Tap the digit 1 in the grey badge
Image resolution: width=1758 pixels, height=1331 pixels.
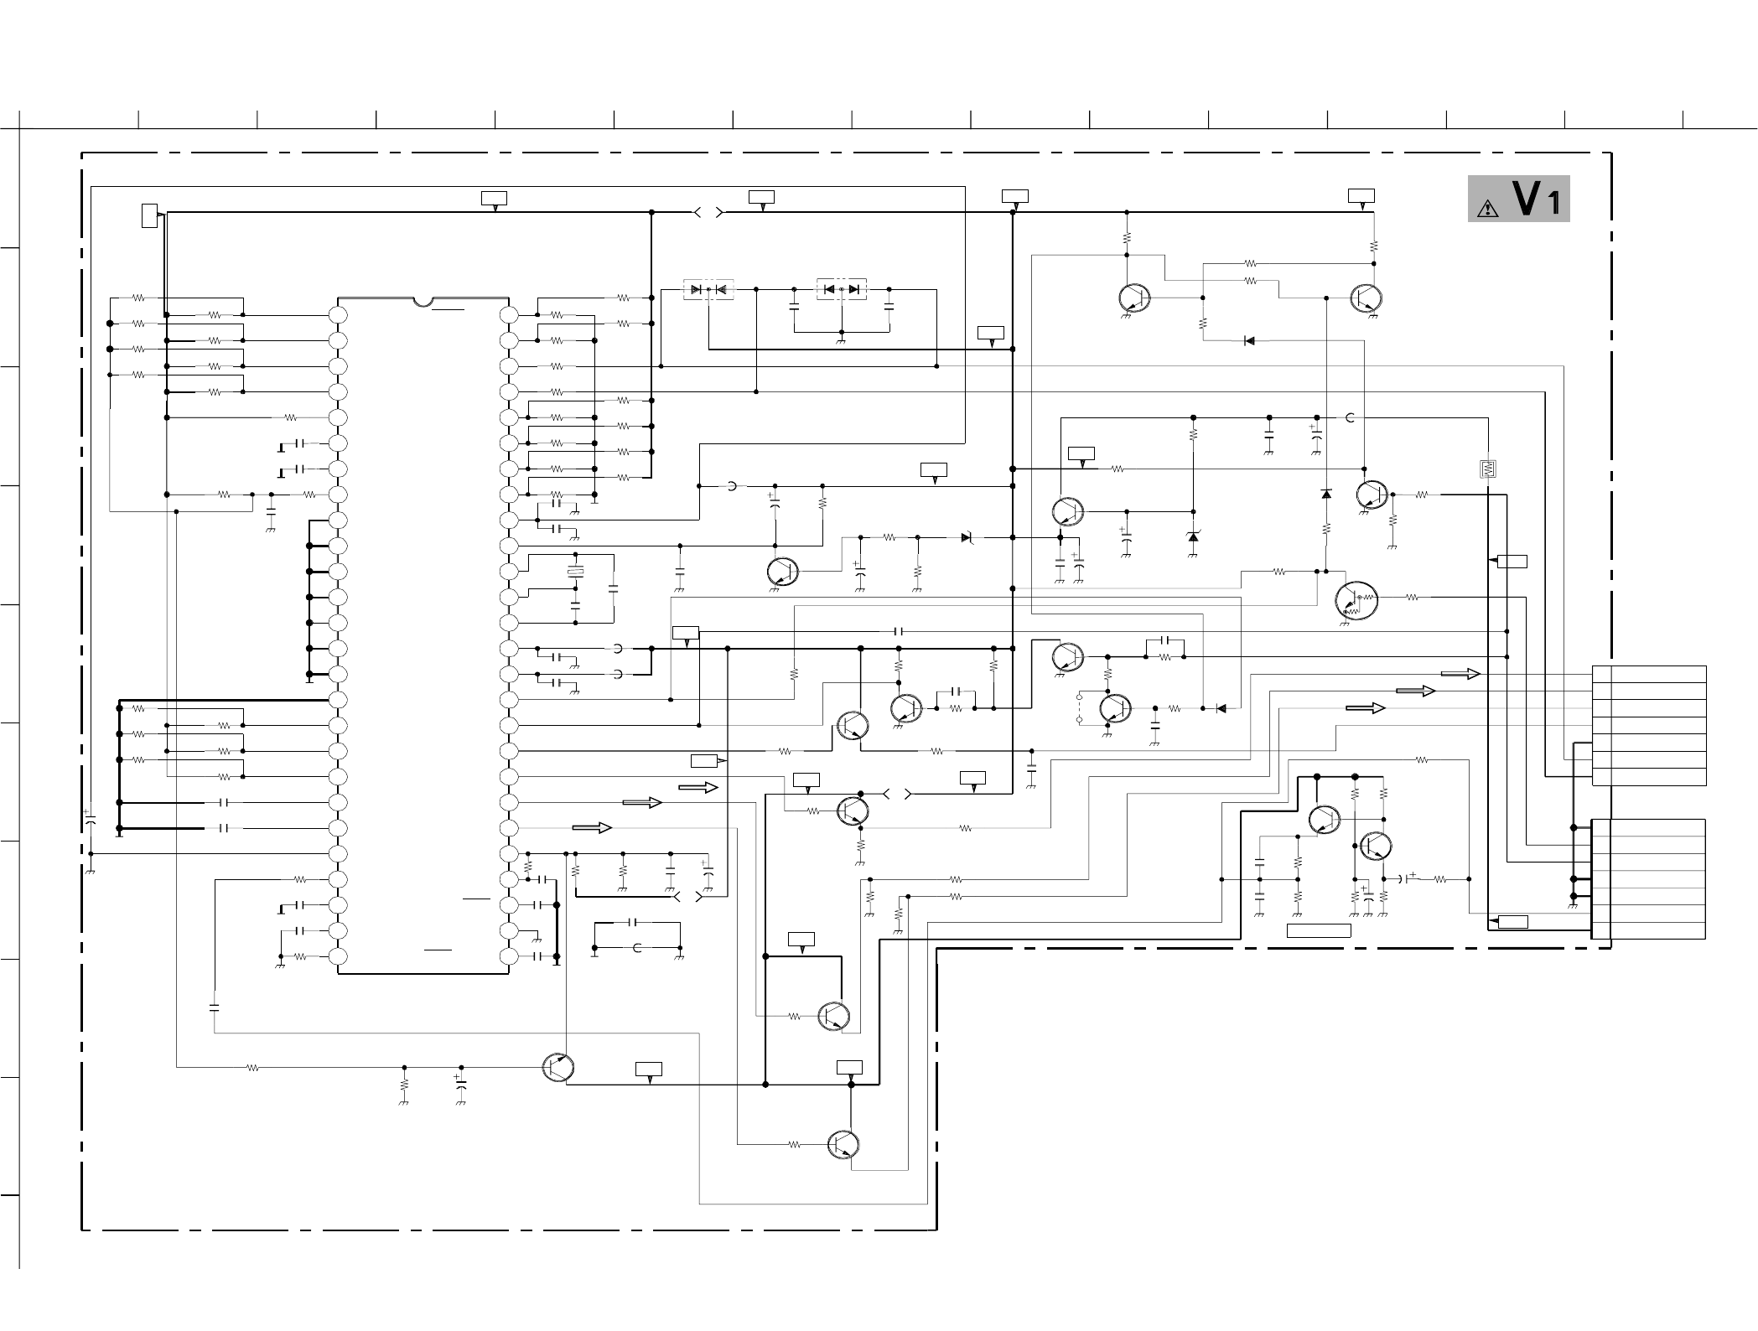coord(1553,204)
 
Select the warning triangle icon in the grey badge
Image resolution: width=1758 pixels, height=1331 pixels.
coord(1488,209)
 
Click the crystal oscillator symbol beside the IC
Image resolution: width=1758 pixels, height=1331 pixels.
coord(575,572)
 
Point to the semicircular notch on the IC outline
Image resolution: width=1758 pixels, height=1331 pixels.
coord(423,301)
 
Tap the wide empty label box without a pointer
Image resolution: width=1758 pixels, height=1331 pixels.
coord(1319,930)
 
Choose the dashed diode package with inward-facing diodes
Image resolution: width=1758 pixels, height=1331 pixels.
coord(708,290)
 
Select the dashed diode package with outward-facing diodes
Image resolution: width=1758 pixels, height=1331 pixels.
coord(841,289)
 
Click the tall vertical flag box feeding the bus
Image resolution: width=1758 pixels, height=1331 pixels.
coord(148,215)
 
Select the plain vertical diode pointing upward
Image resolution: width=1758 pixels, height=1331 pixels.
coord(1325,495)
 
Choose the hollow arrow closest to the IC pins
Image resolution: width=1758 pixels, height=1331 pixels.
coord(592,828)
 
